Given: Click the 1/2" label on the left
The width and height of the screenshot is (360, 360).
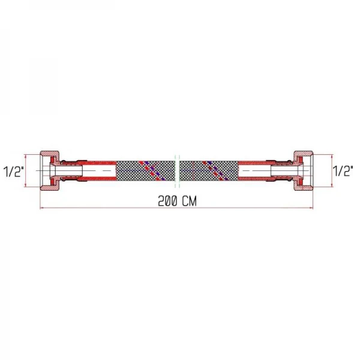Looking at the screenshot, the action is (14, 171).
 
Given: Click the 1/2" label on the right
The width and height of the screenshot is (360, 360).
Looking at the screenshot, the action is (343, 171).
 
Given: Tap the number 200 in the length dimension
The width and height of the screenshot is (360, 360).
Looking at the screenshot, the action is (167, 201).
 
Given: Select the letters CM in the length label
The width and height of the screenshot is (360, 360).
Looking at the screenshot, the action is (190, 201).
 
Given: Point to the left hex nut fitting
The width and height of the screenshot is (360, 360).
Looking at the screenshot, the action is (50, 170).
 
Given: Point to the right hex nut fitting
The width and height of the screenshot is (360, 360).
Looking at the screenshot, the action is (303, 170).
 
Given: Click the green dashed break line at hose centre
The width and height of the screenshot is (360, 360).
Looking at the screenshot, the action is (177, 171).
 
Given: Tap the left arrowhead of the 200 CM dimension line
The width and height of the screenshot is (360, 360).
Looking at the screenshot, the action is (42, 208).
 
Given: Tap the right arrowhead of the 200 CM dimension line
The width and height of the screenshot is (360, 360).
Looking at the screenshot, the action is (311, 208).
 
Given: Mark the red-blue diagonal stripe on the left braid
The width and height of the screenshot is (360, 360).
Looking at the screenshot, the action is (151, 171).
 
